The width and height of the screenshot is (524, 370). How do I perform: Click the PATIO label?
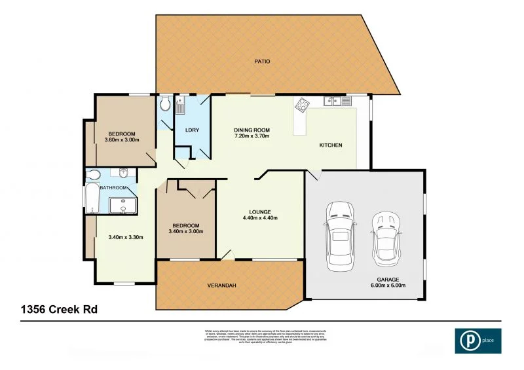tap(262, 62)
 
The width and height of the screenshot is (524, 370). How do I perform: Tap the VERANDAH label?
tap(222, 286)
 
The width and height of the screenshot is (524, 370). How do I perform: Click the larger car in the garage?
tap(341, 236)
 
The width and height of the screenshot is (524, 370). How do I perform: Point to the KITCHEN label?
tap(331, 145)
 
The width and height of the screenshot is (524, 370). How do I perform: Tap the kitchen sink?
tap(334, 101)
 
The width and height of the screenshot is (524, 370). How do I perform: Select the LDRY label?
tap(192, 130)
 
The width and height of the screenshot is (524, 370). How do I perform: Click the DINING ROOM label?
tap(252, 130)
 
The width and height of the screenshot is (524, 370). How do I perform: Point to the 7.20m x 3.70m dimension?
tap(252, 136)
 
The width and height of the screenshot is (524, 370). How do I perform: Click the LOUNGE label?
tap(260, 212)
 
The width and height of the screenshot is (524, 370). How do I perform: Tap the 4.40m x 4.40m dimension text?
tap(260, 218)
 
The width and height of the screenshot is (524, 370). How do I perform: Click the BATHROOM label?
tap(113, 188)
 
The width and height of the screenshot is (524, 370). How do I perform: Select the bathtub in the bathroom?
tap(92, 198)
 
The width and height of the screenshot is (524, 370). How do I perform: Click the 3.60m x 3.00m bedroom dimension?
tap(122, 139)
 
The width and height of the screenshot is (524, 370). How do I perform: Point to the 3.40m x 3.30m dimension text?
tap(125, 237)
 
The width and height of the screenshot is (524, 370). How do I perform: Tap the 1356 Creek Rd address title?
tap(60, 308)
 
